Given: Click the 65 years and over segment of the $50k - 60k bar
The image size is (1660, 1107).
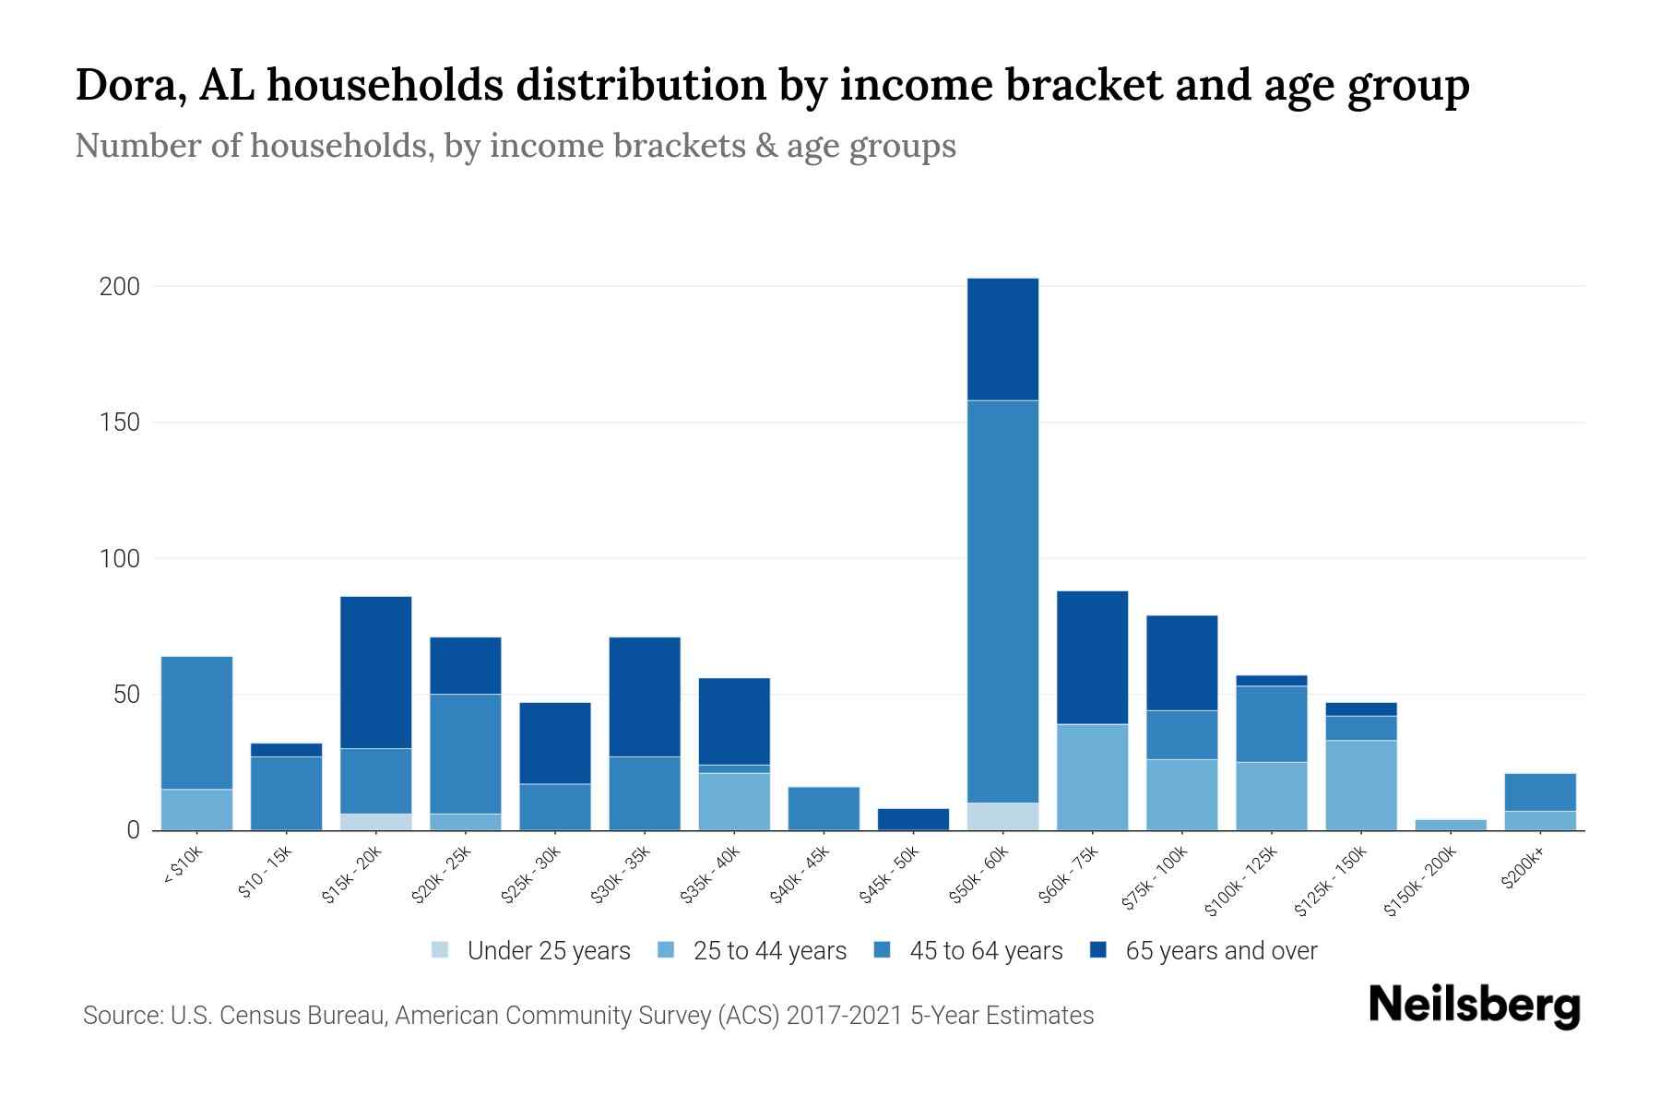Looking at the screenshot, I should (x=1002, y=339).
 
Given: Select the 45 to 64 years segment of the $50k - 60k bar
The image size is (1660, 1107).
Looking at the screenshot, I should (x=1002, y=601).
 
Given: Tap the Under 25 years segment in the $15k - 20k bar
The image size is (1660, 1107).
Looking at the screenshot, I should (x=375, y=821).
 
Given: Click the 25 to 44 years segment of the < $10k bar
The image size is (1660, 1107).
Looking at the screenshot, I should (x=196, y=809).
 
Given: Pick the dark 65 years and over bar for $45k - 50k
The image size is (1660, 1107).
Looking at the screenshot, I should (x=913, y=819).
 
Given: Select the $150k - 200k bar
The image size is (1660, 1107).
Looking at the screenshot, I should (x=1451, y=824).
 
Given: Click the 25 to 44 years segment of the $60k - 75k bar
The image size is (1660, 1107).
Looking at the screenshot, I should (x=1092, y=777).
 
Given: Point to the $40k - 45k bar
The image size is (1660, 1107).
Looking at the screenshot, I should (x=824, y=808).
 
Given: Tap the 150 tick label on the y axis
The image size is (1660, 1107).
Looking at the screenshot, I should (x=119, y=423).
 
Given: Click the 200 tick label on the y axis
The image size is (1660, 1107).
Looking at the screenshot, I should (x=119, y=287).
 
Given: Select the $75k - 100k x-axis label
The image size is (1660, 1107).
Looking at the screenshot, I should (x=1156, y=881).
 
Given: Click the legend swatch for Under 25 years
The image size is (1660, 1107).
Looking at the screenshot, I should (x=440, y=950).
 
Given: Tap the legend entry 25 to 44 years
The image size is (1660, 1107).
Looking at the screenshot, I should (x=769, y=950).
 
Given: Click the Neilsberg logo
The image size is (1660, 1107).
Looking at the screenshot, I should (x=1474, y=1006).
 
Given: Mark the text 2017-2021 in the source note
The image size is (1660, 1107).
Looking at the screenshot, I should (x=844, y=1016).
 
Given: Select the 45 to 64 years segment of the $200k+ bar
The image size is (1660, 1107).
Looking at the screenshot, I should (x=1540, y=792).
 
